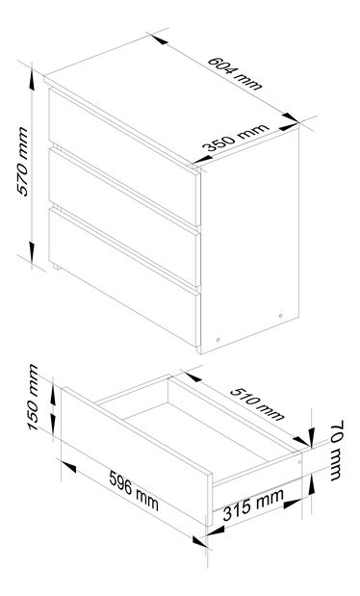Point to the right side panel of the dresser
point(248,246)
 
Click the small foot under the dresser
point(58,265)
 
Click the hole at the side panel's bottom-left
point(219,338)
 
